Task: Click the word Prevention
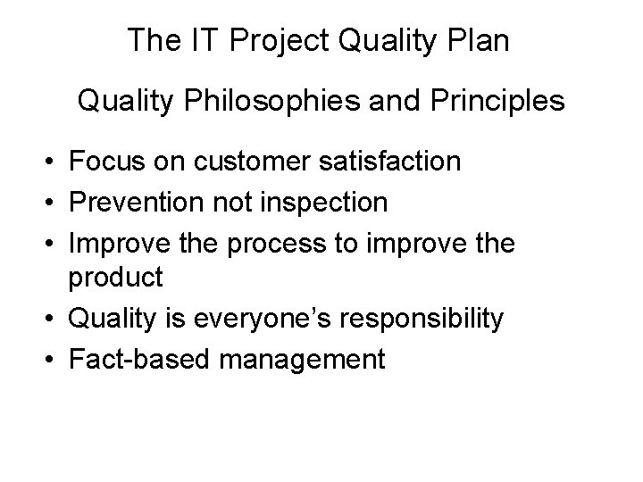135,203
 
